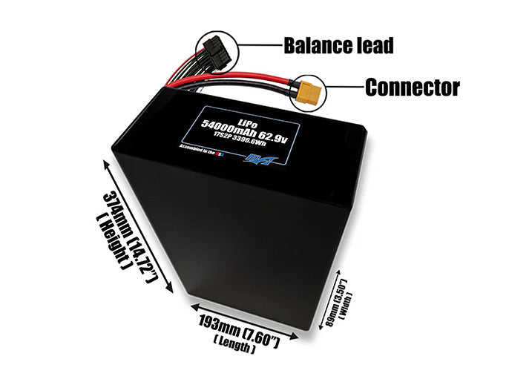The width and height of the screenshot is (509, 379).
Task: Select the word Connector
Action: coord(412,88)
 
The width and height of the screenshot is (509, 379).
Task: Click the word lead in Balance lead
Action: coord(369,45)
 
